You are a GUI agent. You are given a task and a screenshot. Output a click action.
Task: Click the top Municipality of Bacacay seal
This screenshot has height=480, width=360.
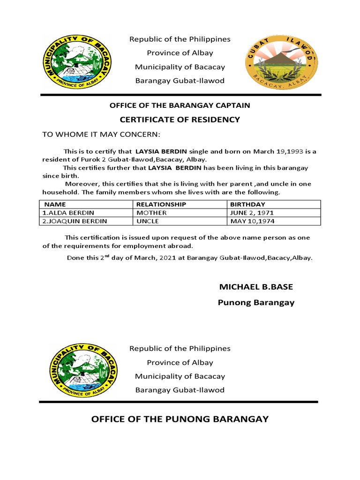78,60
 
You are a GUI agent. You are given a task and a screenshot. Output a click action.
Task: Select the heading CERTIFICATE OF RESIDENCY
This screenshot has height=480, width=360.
180,120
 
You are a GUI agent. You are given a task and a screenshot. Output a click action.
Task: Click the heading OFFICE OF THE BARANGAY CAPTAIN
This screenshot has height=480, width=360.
180,105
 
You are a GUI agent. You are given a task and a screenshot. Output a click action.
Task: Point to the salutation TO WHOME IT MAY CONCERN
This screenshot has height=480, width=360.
101,135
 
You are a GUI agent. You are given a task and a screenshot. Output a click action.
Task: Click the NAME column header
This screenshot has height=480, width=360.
55,204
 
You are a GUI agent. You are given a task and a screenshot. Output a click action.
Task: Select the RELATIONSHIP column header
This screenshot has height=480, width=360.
161,204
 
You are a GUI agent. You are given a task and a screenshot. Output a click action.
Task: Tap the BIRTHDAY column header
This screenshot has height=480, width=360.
247,204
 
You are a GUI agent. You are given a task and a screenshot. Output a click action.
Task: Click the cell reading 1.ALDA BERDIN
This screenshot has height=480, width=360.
68,213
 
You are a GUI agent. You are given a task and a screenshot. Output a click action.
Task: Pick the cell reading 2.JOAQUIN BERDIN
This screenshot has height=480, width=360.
75,221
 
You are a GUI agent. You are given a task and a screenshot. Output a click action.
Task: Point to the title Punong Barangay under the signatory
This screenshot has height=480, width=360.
256,302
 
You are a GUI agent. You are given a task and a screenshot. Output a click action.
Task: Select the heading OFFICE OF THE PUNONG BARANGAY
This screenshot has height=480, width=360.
180,419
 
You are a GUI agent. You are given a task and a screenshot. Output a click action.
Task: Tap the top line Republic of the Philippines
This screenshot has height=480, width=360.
180,39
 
